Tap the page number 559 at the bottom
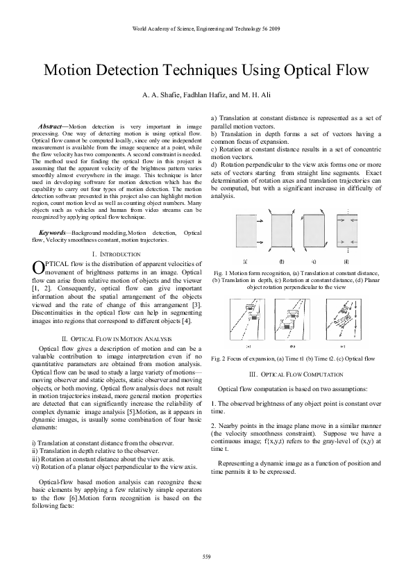(206, 556)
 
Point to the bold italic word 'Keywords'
(55, 229)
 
